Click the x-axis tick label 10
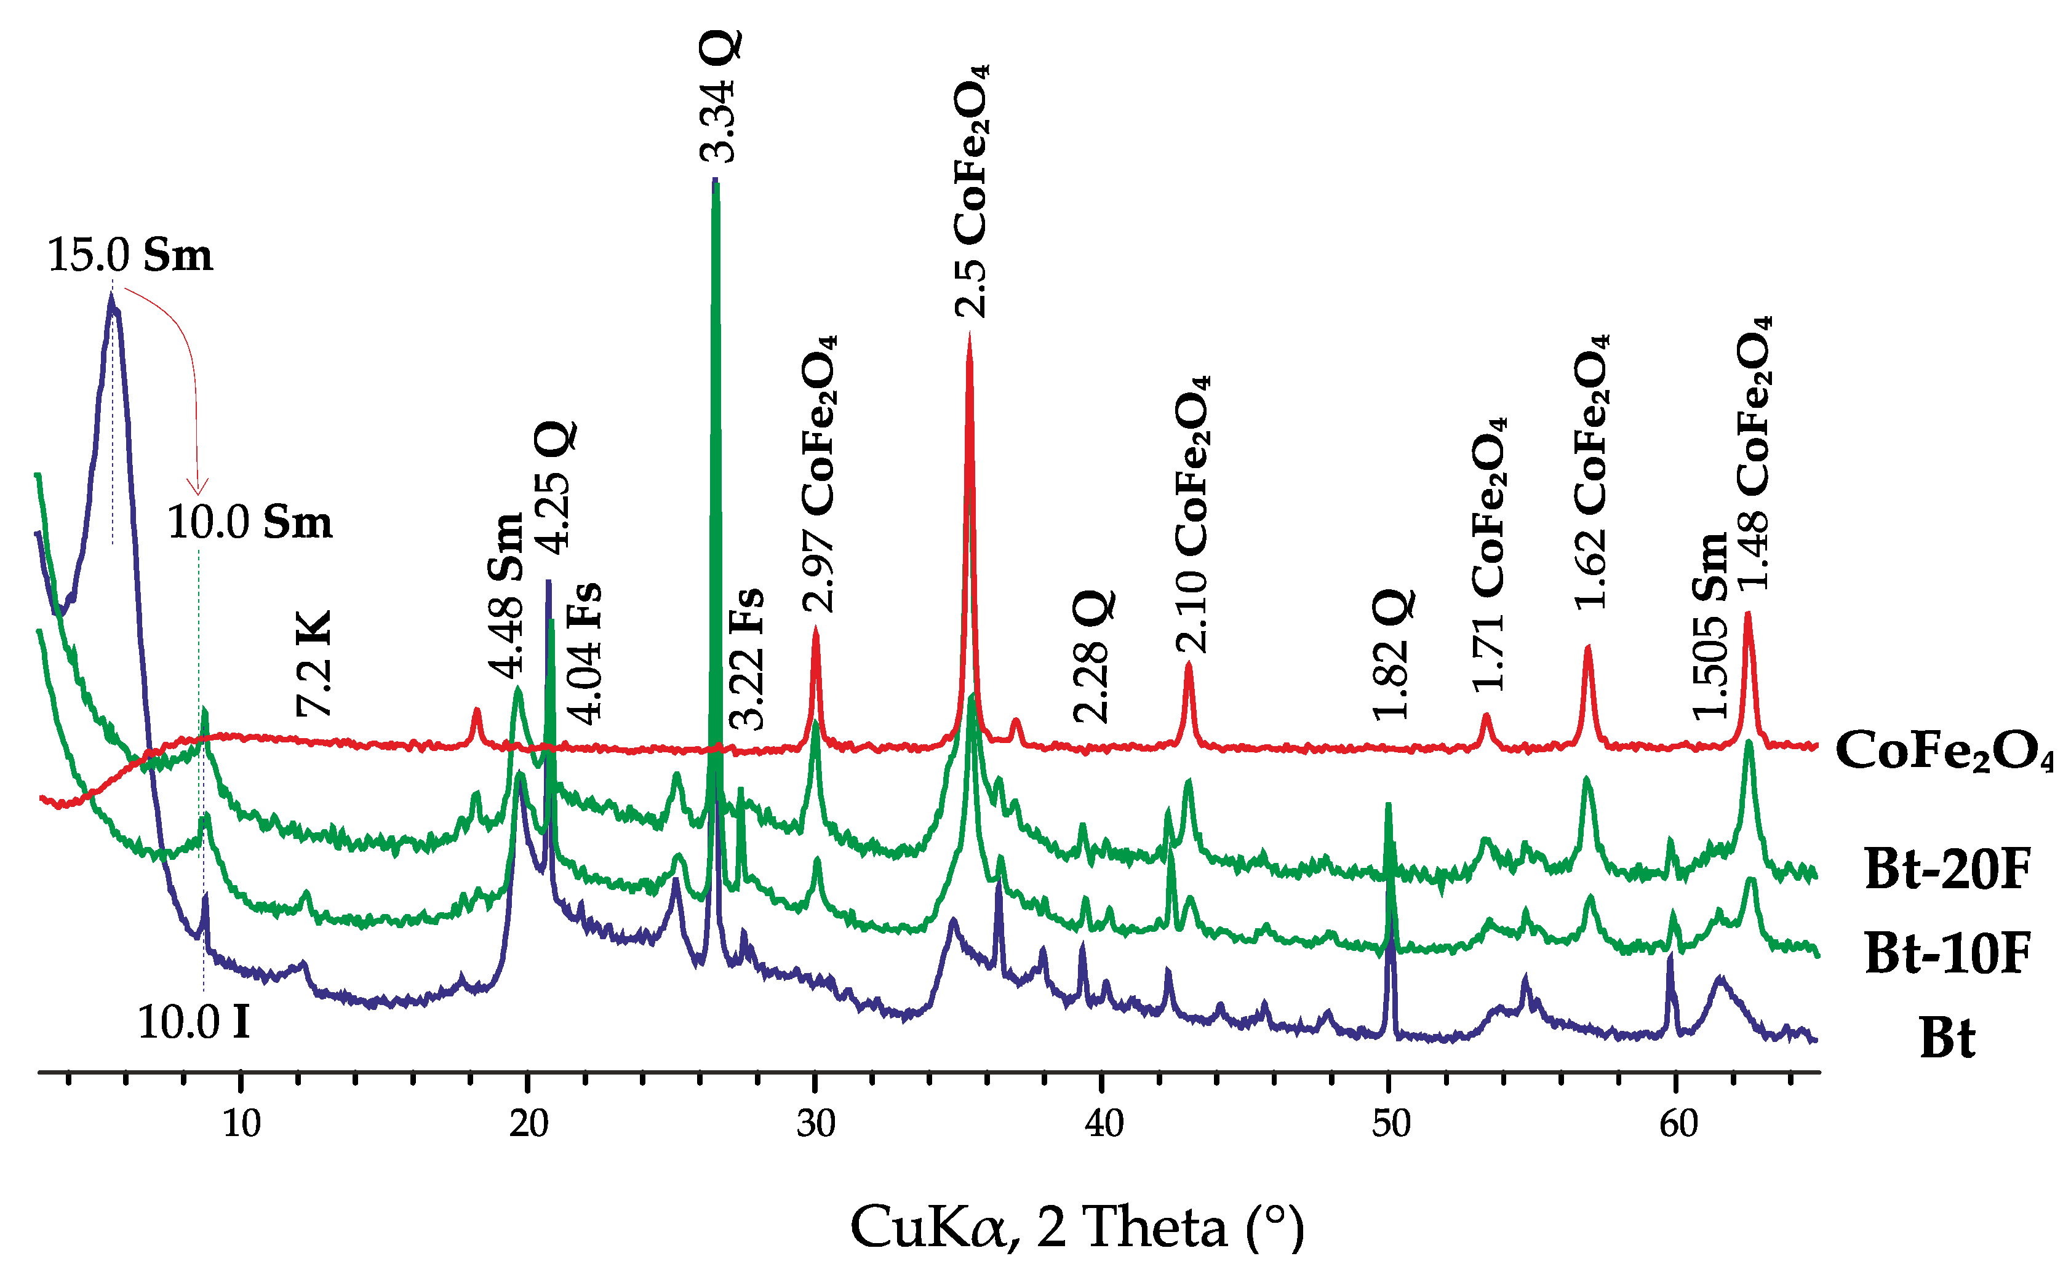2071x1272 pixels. (x=242, y=1124)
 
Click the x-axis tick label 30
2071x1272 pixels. (x=815, y=1124)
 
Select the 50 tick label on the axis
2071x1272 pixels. (x=1391, y=1124)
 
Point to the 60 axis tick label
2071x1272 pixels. (x=1678, y=1124)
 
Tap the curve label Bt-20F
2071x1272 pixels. (x=1947, y=869)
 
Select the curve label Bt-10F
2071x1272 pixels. (x=1947, y=953)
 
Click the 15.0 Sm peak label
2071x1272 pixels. (x=130, y=255)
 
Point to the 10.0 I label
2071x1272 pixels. (x=194, y=1023)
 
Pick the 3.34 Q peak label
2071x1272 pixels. (x=719, y=97)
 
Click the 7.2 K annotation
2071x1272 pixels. (x=314, y=664)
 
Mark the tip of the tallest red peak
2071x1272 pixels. (x=970, y=336)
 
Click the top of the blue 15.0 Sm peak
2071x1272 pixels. (x=111, y=296)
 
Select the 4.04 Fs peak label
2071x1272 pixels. (x=585, y=653)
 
